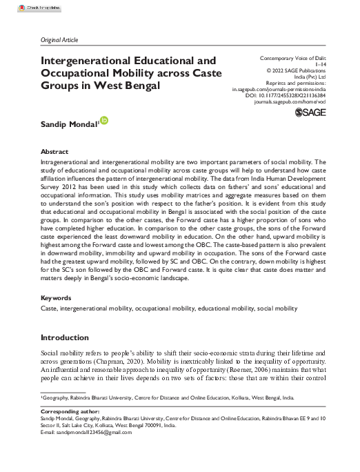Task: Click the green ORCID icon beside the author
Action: [x=105, y=121]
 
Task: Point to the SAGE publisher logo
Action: [x=309, y=112]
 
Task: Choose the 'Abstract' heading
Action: [x=54, y=151]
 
